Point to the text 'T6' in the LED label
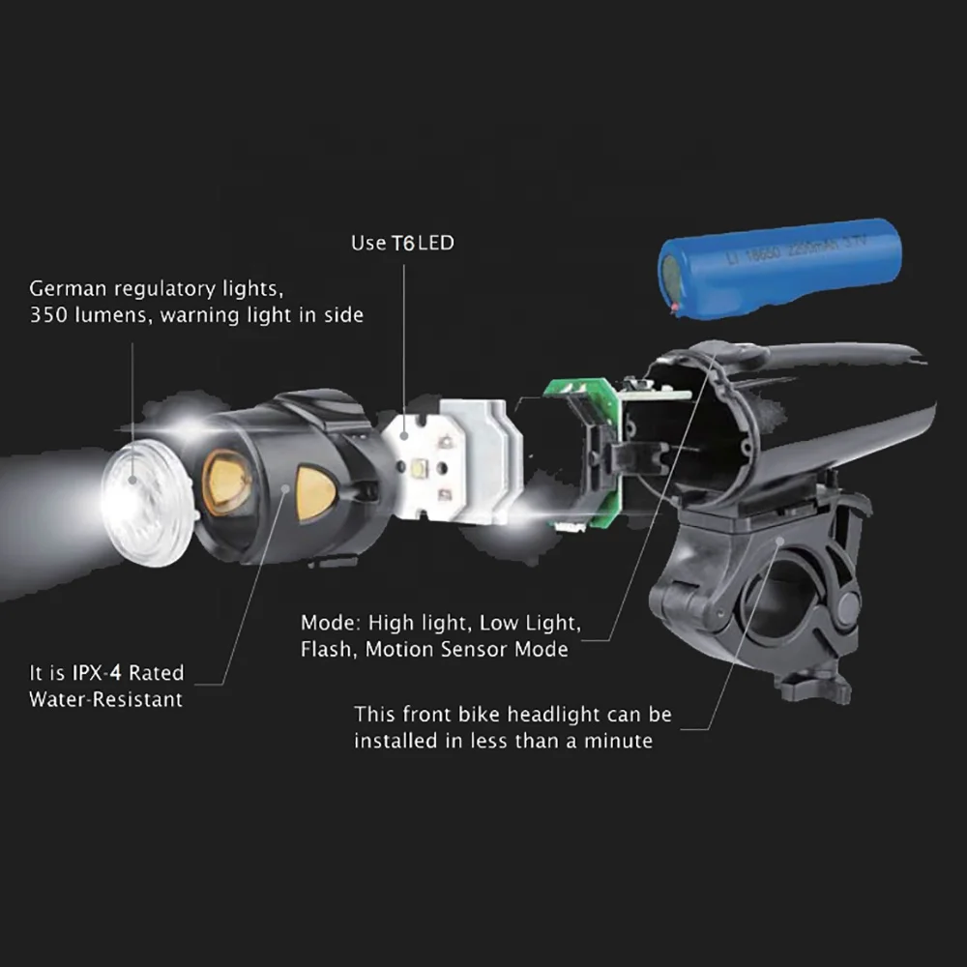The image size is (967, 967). pyautogui.click(x=402, y=243)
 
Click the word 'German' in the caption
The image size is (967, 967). pyautogui.click(x=71, y=288)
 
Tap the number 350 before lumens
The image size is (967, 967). pyautogui.click(x=47, y=314)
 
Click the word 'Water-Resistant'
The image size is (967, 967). pyautogui.click(x=105, y=698)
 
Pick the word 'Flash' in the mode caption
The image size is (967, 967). pyautogui.click(x=328, y=649)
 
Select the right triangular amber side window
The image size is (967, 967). pyautogui.click(x=314, y=493)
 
